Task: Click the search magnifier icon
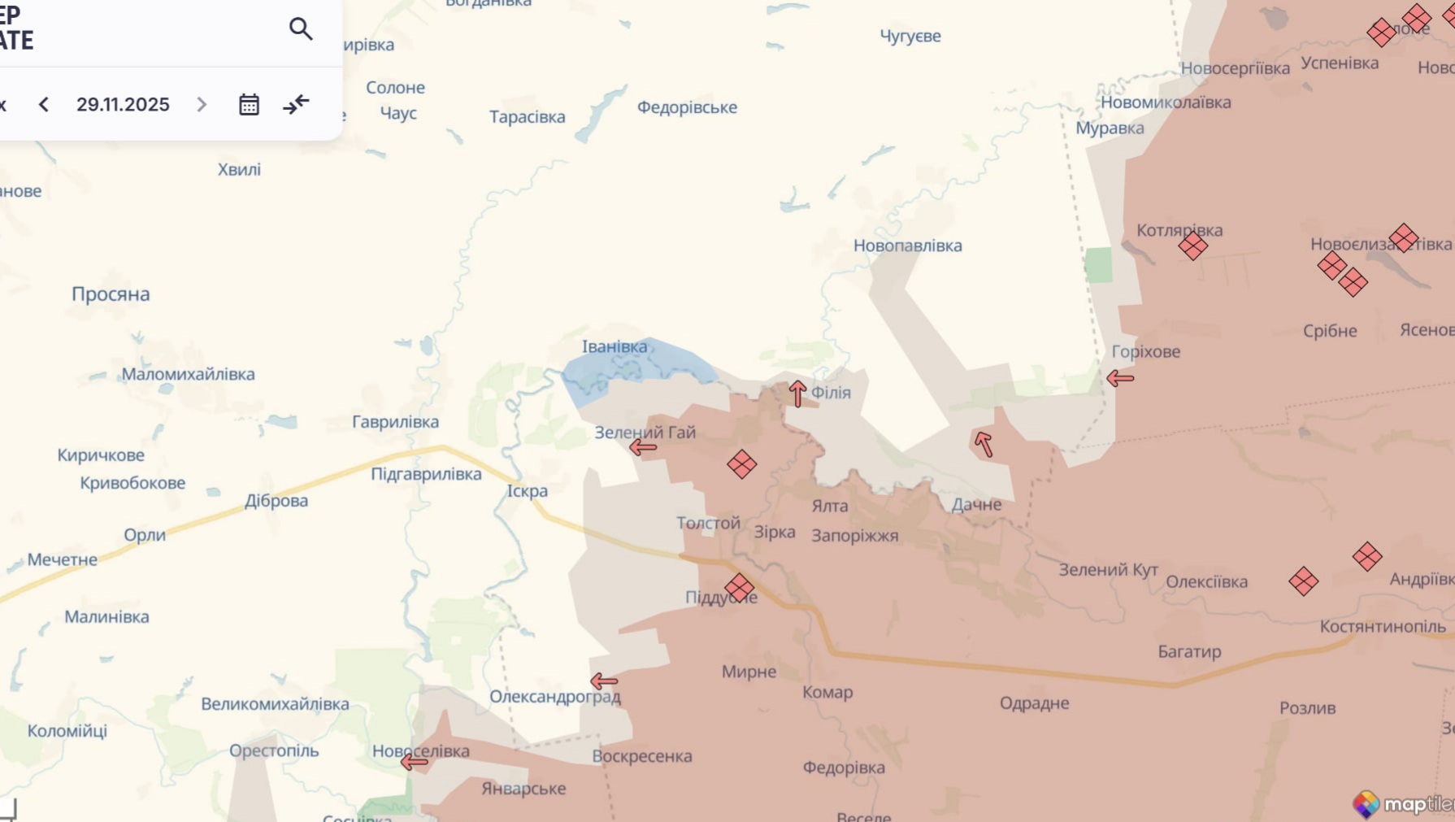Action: [301, 29]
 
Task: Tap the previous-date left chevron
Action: [44, 105]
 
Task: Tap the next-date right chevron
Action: [202, 105]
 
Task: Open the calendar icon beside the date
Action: [249, 105]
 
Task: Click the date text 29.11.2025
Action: [123, 105]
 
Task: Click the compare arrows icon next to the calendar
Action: [296, 105]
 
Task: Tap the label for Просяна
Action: [111, 294]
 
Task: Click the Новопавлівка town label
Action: [907, 246]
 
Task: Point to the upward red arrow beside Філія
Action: [797, 394]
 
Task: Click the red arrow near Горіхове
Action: [1120, 378]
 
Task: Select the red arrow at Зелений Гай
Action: [642, 447]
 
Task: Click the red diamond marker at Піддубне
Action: [740, 587]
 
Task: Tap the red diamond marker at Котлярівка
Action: [1192, 246]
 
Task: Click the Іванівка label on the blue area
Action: [615, 347]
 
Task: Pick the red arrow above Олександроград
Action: [604, 681]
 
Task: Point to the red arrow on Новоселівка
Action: [414, 762]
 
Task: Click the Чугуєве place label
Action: [910, 36]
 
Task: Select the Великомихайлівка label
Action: [275, 704]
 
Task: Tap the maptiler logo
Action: [1403, 804]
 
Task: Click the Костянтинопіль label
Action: [1382, 627]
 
